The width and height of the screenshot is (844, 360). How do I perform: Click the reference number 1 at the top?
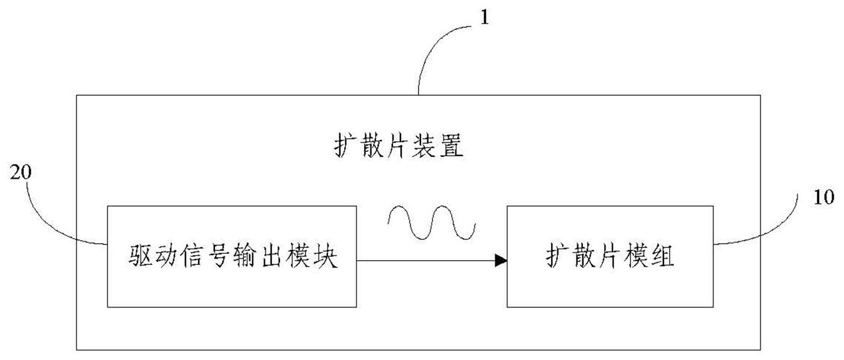pyautogui.click(x=485, y=17)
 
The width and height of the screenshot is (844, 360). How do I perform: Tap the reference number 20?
pyautogui.click(x=21, y=172)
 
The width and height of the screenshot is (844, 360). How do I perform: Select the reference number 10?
pyautogui.click(x=824, y=197)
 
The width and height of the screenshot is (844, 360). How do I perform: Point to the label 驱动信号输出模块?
pyautogui.click(x=233, y=256)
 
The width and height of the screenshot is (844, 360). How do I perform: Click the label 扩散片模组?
pyautogui.click(x=610, y=256)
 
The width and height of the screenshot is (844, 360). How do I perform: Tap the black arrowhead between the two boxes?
pyautogui.click(x=501, y=261)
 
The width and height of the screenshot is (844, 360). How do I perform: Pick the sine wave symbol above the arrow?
pyautogui.click(x=432, y=222)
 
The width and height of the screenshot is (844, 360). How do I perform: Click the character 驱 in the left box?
pyautogui.click(x=140, y=256)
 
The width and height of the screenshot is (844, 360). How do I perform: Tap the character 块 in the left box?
pyautogui.click(x=326, y=256)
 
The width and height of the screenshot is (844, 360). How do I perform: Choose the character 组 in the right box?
pyautogui.click(x=662, y=256)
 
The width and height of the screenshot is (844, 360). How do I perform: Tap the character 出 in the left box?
pyautogui.click(x=273, y=256)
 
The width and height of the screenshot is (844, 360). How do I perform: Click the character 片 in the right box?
pyautogui.click(x=609, y=256)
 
